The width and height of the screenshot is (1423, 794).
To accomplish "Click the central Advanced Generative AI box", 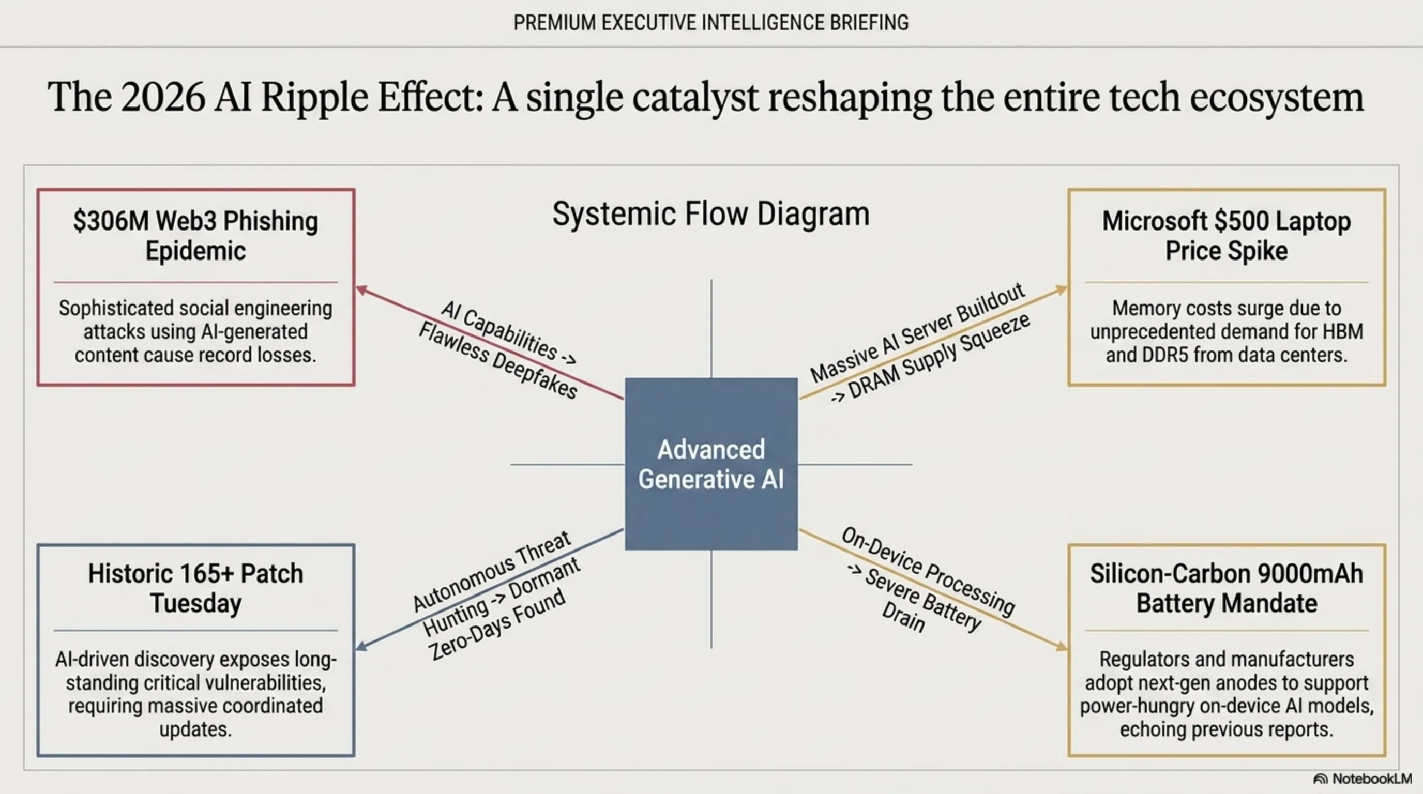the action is point(711,464).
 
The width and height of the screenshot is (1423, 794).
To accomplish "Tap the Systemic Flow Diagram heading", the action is point(711,213).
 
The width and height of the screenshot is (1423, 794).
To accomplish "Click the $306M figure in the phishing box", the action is point(111,221).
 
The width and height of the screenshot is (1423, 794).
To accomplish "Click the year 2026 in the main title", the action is point(163,97).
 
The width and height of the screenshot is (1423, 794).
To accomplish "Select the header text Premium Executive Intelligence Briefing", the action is point(711,23).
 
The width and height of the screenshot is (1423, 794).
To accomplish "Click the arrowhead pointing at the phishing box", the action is point(362,290).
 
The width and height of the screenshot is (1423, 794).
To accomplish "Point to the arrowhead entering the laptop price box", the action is point(1061,290).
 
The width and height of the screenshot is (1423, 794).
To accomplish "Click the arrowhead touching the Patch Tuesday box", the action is point(362,645).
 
